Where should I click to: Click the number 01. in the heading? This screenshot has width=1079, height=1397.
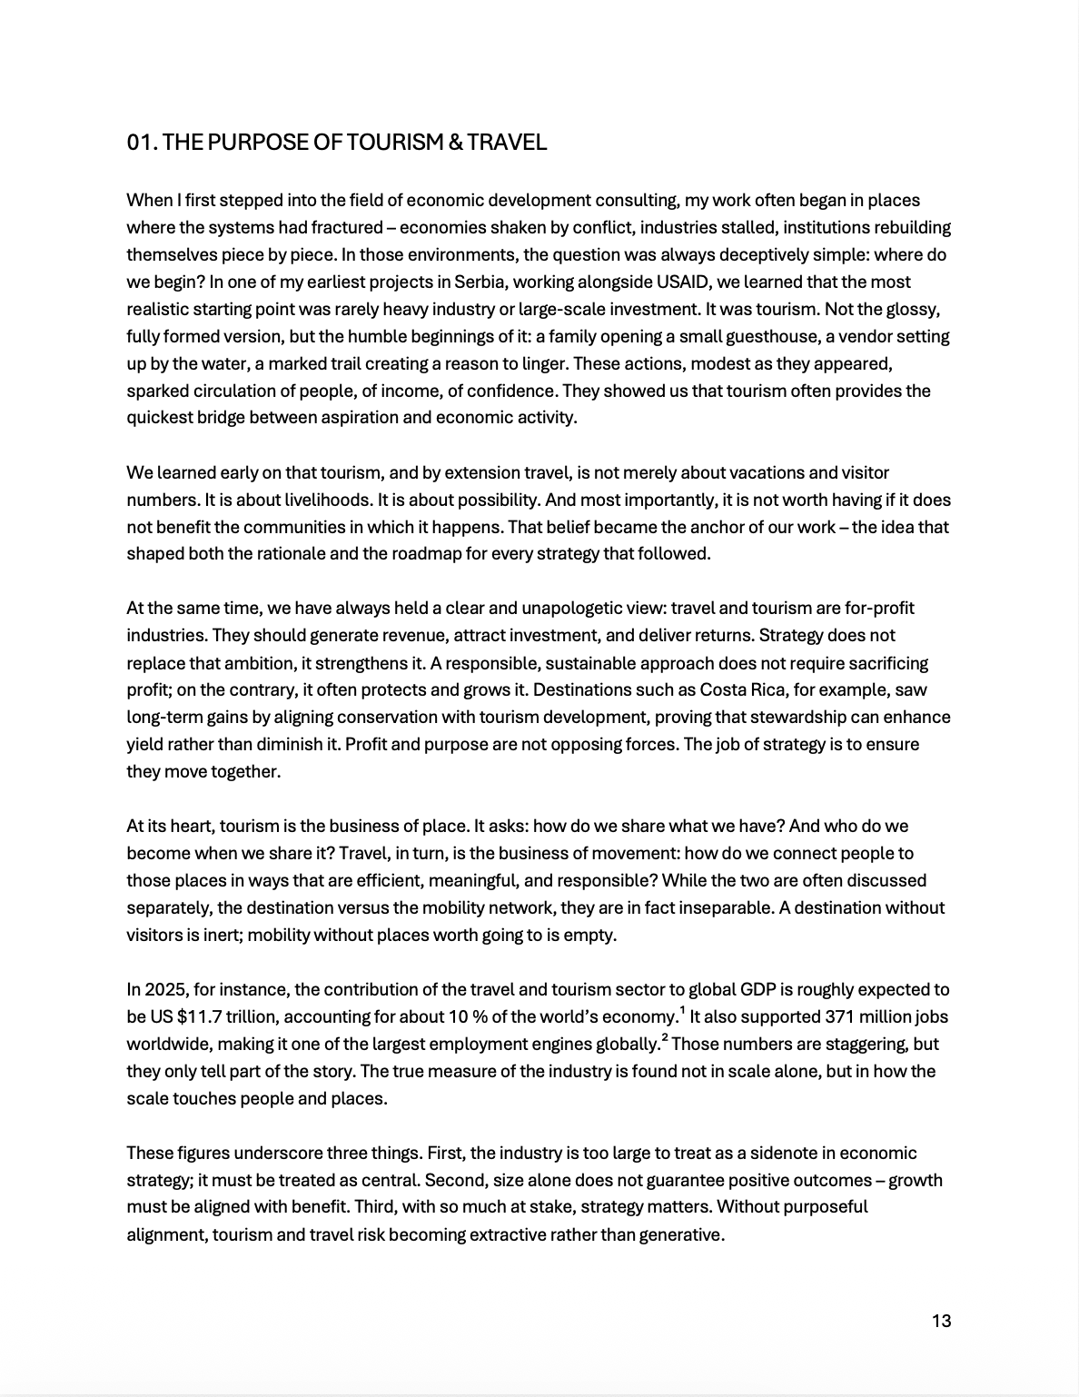point(143,143)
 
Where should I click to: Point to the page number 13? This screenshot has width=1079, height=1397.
point(941,1321)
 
